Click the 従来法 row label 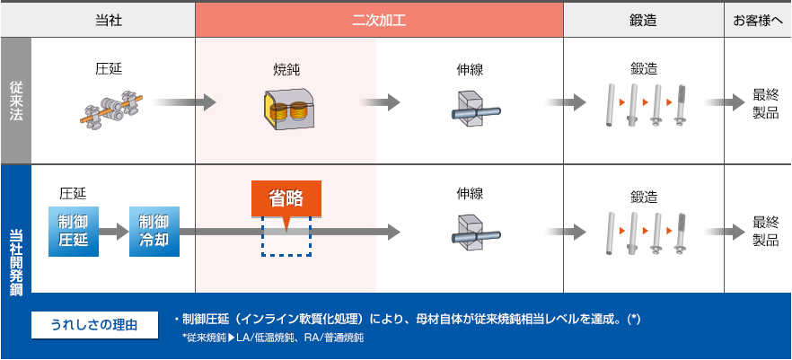pyautogui.click(x=16, y=100)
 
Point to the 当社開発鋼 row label pyautogui.click(x=16, y=229)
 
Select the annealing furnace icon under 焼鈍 pyautogui.click(x=286, y=107)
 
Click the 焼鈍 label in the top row pyautogui.click(x=286, y=68)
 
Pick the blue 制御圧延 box pyautogui.click(x=72, y=232)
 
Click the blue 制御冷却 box pyautogui.click(x=154, y=232)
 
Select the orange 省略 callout pyautogui.click(x=286, y=200)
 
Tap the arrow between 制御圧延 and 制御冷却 pyautogui.click(x=113, y=232)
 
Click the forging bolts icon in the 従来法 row pyautogui.click(x=646, y=106)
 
